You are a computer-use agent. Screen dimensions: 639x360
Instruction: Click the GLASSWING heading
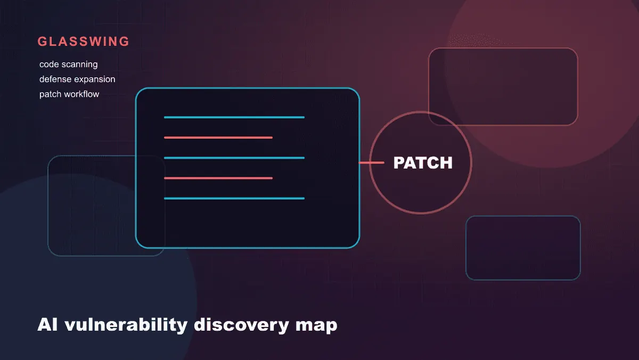(83, 42)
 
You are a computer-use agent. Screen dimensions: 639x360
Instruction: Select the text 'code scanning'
(69, 64)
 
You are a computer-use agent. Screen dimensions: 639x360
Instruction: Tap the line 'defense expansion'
(77, 79)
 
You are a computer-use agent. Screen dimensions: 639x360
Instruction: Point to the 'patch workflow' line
(69, 94)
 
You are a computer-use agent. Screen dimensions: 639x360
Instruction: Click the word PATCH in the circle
(423, 163)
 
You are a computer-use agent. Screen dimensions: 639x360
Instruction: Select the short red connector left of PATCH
(372, 162)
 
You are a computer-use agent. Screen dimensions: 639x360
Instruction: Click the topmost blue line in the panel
(234, 117)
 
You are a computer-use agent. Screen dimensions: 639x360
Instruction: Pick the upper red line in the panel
(218, 137)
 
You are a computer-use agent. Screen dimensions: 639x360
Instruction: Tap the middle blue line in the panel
(234, 158)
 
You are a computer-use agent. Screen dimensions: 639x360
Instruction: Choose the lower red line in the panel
(218, 178)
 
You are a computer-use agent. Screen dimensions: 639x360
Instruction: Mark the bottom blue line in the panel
(234, 198)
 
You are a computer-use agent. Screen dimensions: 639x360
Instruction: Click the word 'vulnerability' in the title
(126, 325)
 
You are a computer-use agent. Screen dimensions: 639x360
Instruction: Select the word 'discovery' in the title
(241, 325)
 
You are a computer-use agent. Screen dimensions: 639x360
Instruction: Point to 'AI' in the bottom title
(47, 325)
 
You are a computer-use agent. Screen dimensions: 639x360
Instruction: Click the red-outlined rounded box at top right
(503, 48)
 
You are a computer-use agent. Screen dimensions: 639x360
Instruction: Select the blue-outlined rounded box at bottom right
(523, 217)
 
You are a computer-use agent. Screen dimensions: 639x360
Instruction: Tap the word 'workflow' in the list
(81, 94)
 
